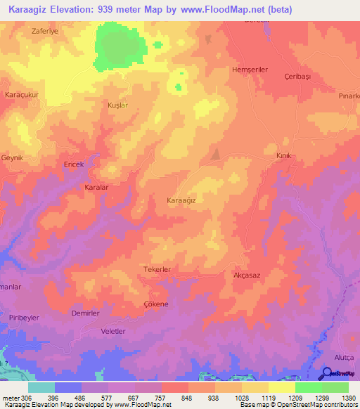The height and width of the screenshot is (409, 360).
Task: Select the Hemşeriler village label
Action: click(x=251, y=70)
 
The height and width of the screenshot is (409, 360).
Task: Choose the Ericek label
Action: click(x=74, y=164)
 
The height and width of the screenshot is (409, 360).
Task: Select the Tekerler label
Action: click(x=157, y=269)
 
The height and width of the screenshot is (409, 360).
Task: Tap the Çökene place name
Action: click(x=156, y=304)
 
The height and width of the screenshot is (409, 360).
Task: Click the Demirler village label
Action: click(x=85, y=313)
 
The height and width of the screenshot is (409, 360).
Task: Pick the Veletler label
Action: click(x=113, y=330)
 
